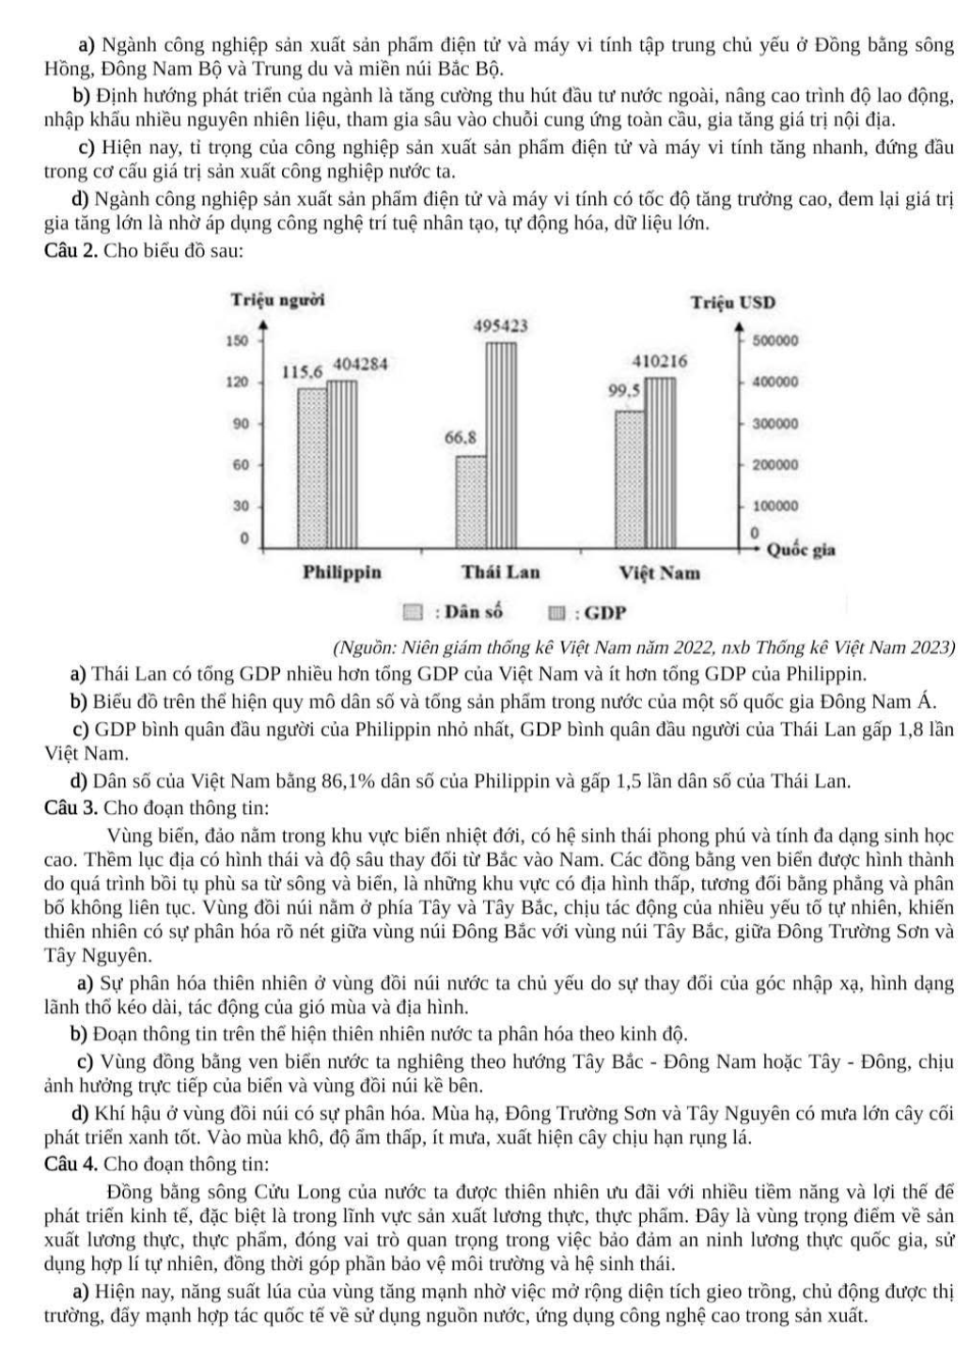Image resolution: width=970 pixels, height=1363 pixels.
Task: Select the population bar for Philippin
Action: click(313, 467)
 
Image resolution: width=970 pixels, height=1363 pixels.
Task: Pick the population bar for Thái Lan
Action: click(472, 501)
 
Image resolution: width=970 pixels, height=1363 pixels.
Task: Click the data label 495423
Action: click(500, 325)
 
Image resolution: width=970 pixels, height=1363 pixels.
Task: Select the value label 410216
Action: click(660, 361)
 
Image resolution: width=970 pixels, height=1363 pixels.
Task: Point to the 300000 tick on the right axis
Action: click(775, 424)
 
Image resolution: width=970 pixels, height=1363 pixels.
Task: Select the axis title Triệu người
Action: click(278, 300)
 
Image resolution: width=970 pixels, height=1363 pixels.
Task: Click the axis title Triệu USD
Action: click(734, 303)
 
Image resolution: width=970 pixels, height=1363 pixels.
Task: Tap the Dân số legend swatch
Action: click(413, 614)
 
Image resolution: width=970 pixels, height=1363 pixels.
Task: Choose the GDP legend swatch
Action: click(557, 615)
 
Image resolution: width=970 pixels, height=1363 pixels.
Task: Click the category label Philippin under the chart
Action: click(342, 572)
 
